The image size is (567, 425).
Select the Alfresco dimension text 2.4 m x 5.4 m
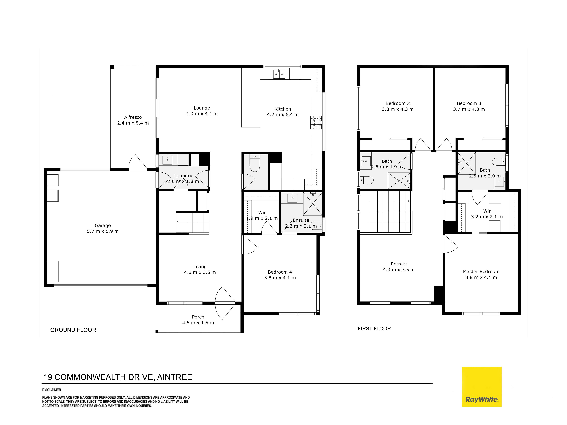pos(133,123)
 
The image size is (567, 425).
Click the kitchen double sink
pos(279,74)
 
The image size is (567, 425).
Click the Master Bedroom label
pos(481,272)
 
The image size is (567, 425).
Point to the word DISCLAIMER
pos(51,390)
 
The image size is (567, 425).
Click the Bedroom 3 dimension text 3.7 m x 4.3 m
pos(469,109)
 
